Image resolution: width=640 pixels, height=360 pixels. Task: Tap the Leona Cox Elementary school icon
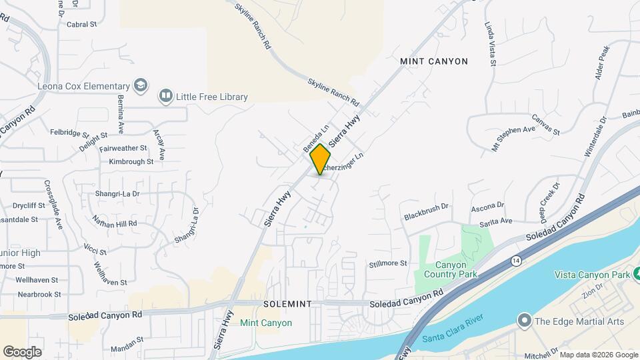tap(141, 86)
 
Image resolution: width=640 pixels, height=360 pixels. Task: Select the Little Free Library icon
tap(165, 97)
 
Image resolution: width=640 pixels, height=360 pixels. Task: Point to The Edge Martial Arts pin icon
tap(524, 321)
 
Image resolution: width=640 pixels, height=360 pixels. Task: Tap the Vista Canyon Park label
tap(593, 275)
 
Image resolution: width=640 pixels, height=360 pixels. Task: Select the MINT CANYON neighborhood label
tap(434, 61)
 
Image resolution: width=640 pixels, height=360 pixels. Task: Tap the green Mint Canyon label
tap(266, 323)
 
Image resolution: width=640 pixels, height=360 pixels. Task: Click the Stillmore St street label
tap(388, 264)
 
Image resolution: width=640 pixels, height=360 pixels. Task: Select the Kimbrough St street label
tap(131, 161)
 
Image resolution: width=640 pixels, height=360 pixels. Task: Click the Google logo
tap(22, 351)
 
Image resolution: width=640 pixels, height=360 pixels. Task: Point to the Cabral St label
tap(82, 25)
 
